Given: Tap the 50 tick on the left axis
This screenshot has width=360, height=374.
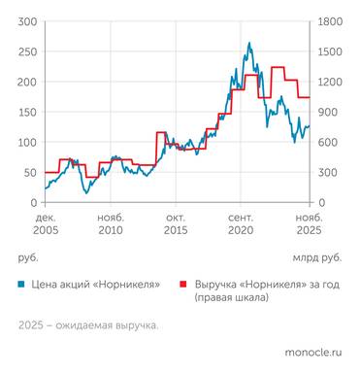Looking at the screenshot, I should [29, 172].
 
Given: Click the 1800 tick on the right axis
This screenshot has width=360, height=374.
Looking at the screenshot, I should [330, 21].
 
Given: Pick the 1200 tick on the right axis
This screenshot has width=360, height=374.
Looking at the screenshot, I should [330, 82].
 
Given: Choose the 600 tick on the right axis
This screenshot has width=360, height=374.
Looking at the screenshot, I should [327, 142].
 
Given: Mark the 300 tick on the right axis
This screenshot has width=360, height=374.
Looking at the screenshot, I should [327, 172].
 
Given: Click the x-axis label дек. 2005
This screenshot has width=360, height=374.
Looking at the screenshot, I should [46, 225].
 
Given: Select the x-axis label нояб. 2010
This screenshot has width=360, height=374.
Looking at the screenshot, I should [111, 225].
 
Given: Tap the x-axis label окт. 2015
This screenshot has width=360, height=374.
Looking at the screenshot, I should [177, 225].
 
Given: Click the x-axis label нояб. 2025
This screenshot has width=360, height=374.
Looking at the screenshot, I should [308, 225].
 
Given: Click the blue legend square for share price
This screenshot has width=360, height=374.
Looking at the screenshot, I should [22, 285].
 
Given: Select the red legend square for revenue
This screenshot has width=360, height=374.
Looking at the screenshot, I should [181, 285].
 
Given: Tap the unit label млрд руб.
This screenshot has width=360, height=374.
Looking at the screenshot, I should [316, 257].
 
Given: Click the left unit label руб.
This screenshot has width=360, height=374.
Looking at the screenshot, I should [27, 257].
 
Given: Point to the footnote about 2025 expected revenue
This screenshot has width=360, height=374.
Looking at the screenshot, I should [87, 325].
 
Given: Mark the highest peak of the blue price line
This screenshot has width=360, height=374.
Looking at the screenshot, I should [249, 43].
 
